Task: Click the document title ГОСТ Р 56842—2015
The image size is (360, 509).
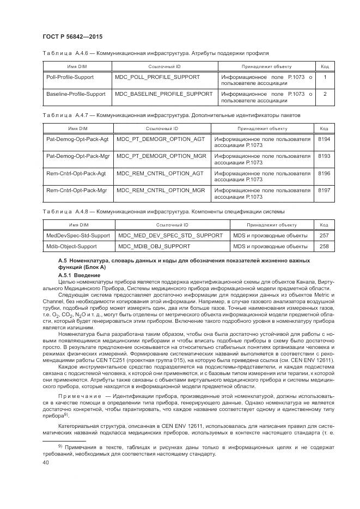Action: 72,36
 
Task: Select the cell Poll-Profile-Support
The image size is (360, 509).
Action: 70,77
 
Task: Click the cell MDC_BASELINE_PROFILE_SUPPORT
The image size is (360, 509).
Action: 163,94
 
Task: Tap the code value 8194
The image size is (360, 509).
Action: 324,139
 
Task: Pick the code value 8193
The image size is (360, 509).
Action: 324,156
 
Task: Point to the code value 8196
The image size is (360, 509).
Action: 324,173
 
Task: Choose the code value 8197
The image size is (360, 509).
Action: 324,190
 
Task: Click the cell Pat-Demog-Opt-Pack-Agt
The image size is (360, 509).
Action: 77,139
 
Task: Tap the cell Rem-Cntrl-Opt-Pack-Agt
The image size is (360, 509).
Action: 76,173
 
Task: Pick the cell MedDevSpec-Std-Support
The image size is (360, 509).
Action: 78,235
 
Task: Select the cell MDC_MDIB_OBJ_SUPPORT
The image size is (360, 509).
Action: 154,247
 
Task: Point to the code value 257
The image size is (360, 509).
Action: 324,235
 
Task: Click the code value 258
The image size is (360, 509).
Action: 324,247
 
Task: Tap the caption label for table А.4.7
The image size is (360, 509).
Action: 57,115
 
